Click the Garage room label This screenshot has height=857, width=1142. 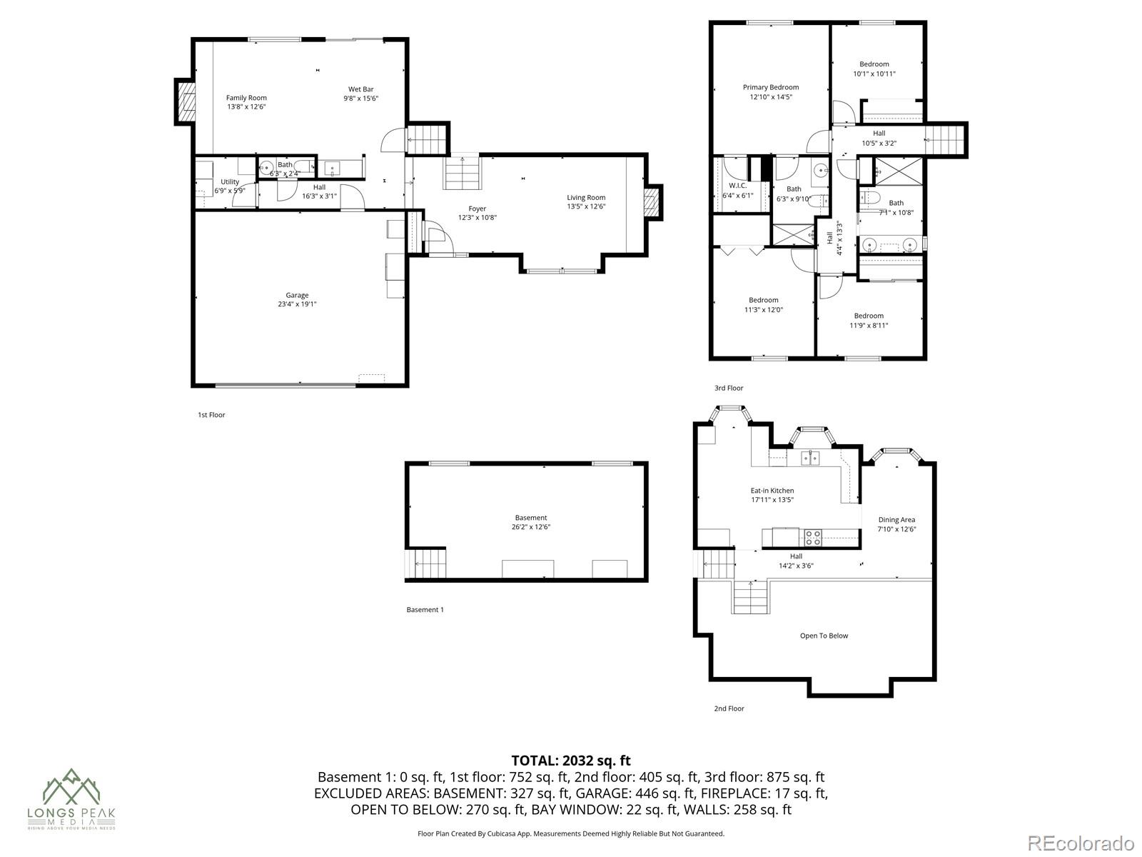(x=297, y=295)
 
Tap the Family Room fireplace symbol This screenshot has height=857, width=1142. (x=186, y=102)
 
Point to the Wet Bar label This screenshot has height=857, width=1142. (x=360, y=89)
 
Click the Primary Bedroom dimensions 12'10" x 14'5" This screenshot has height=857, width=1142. (x=770, y=97)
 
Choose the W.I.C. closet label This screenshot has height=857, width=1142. (x=737, y=185)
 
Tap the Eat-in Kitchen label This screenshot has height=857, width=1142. (x=772, y=491)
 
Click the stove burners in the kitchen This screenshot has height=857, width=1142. (x=813, y=533)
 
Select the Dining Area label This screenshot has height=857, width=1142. (x=896, y=520)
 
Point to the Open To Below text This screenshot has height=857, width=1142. (x=824, y=636)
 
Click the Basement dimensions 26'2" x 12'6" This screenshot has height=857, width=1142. (x=531, y=527)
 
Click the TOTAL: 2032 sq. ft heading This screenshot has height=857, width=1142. (x=571, y=761)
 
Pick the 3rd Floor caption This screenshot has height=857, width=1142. (x=729, y=388)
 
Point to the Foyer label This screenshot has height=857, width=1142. (x=477, y=209)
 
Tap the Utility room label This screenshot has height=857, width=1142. (x=230, y=182)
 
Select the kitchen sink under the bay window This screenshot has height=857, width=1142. (x=809, y=458)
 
